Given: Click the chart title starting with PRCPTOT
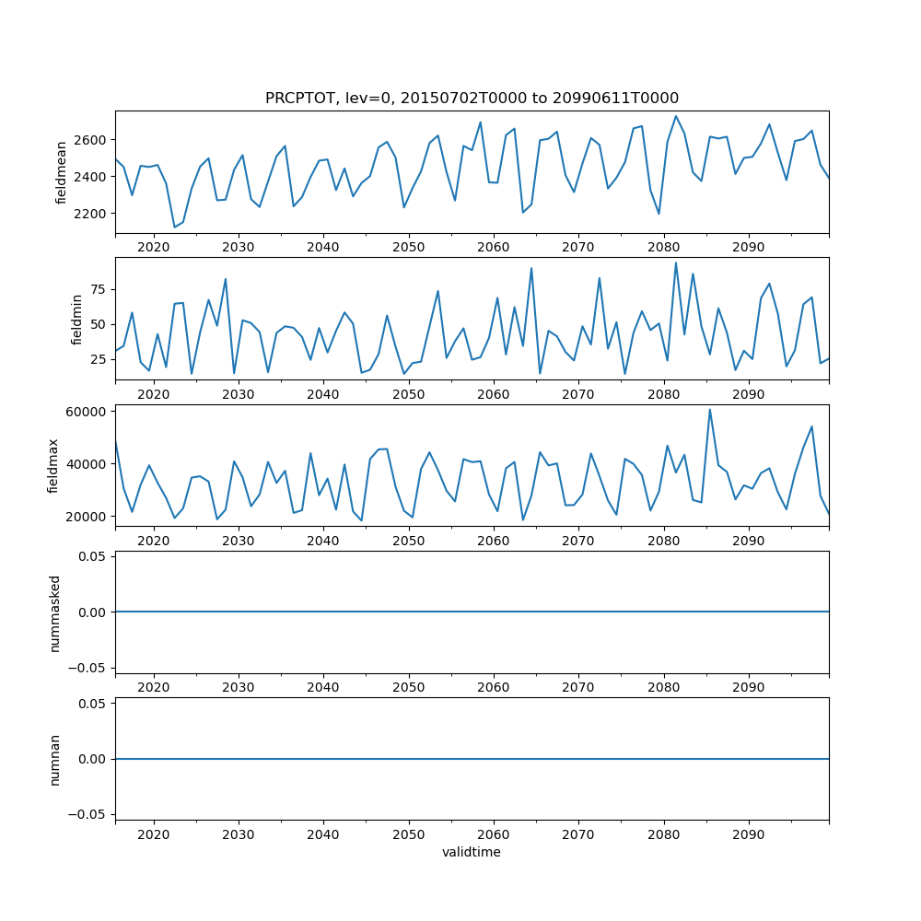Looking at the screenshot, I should click(472, 99).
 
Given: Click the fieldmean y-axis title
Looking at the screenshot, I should click(62, 172).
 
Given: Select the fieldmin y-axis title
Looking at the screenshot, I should click(77, 319).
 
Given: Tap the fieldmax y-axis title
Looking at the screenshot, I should click(53, 465).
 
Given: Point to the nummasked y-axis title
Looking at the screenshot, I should click(54, 612).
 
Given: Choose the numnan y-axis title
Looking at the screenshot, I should click(54, 759).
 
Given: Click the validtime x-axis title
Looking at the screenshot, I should click(472, 853).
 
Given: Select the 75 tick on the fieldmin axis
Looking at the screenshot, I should click(97, 289).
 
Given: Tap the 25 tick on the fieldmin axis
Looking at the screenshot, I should click(97, 359).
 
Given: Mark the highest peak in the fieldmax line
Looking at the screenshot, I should click(709, 410).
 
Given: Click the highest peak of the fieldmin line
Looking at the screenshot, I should click(675, 262).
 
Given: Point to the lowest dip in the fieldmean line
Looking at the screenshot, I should click(174, 227).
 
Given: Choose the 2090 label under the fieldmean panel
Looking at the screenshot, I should click(748, 247).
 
